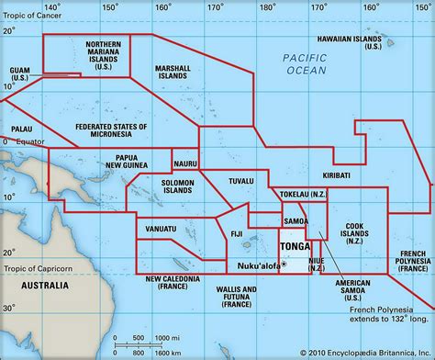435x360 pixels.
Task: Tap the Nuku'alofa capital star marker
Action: pyautogui.click(x=284, y=264)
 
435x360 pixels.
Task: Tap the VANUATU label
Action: pyautogui.click(x=162, y=226)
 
